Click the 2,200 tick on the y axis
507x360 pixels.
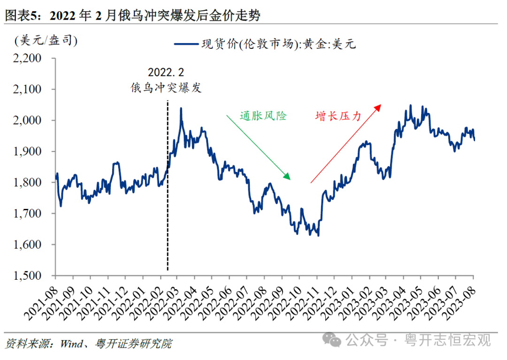(29, 58)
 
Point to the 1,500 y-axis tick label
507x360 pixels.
(29, 276)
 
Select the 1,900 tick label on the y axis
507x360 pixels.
(29, 152)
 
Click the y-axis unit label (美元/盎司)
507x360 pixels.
(46, 41)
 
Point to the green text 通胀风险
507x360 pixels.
(263, 115)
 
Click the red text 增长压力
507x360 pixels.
(338, 115)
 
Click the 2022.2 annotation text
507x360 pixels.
(166, 73)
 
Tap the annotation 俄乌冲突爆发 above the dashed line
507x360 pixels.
(166, 88)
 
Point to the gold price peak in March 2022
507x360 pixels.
(181, 109)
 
